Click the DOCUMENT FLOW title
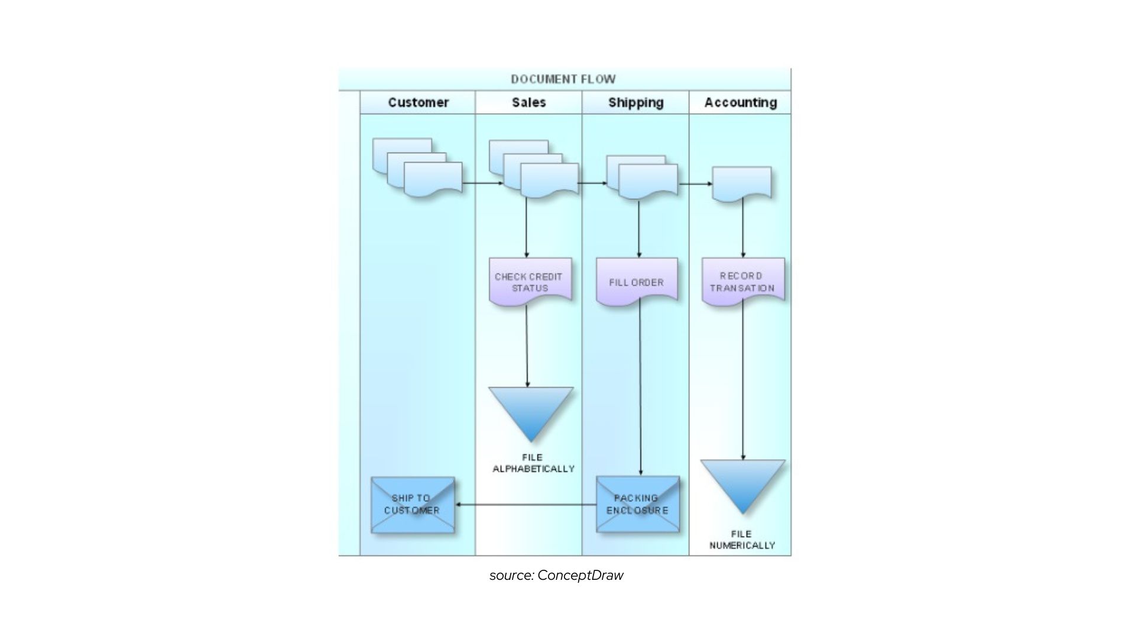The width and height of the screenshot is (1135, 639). (563, 79)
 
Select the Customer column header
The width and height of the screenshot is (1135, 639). (418, 102)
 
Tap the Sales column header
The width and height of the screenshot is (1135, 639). (528, 102)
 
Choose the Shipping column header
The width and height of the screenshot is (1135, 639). (635, 102)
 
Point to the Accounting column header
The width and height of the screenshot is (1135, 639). (740, 102)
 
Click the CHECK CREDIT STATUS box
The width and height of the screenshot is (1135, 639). (530, 282)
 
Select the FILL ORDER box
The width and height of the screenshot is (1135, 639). (636, 282)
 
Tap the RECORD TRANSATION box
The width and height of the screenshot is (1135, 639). (742, 282)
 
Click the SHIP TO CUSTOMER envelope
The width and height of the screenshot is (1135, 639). (413, 505)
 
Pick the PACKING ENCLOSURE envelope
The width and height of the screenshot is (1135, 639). (637, 504)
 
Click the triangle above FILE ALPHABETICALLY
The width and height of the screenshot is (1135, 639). (531, 408)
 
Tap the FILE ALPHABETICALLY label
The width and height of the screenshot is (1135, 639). (533, 463)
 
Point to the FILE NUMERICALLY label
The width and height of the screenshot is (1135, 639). (742, 540)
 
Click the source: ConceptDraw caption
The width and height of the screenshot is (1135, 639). (556, 575)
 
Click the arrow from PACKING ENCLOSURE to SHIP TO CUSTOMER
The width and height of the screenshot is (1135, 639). (526, 505)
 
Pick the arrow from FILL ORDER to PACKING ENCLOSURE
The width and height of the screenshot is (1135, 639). (640, 390)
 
